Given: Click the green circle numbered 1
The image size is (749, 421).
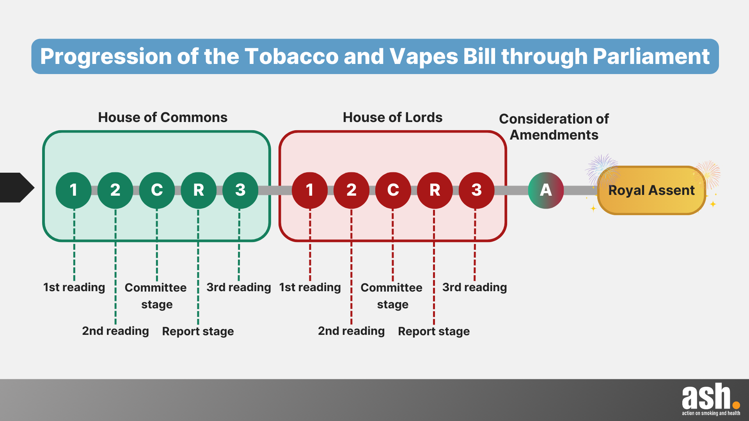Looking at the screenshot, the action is pyautogui.click(x=73, y=190).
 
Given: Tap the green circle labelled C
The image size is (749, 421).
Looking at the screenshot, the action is pyautogui.click(x=157, y=190).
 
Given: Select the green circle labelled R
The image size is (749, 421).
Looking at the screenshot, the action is pyautogui.click(x=199, y=190).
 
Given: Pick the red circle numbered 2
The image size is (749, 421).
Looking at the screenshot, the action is pyautogui.click(x=351, y=190).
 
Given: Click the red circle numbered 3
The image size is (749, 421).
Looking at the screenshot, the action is pyautogui.click(x=476, y=190).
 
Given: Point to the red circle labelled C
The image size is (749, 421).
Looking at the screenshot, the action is pyautogui.click(x=393, y=190).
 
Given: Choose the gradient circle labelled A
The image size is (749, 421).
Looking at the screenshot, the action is pyautogui.click(x=546, y=190).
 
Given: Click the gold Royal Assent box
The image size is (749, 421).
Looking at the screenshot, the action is pyautogui.click(x=651, y=190).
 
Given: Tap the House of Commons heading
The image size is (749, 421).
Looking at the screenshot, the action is pyautogui.click(x=163, y=117).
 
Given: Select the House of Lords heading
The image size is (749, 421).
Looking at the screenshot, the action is pyautogui.click(x=393, y=117).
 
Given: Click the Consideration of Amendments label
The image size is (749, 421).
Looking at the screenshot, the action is pyautogui.click(x=554, y=127).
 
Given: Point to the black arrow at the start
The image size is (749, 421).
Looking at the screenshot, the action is pyautogui.click(x=17, y=188).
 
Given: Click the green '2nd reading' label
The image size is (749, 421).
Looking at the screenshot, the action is pyautogui.click(x=115, y=331).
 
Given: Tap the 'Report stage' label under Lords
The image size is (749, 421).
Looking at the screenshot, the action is pyautogui.click(x=434, y=331).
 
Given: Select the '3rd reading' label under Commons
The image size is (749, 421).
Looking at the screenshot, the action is pyautogui.click(x=239, y=287).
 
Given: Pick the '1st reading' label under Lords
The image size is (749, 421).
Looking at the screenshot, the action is pyautogui.click(x=310, y=287).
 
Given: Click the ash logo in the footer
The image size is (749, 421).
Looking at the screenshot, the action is pyautogui.click(x=711, y=399).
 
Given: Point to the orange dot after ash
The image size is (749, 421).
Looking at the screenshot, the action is pyautogui.click(x=736, y=405).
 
